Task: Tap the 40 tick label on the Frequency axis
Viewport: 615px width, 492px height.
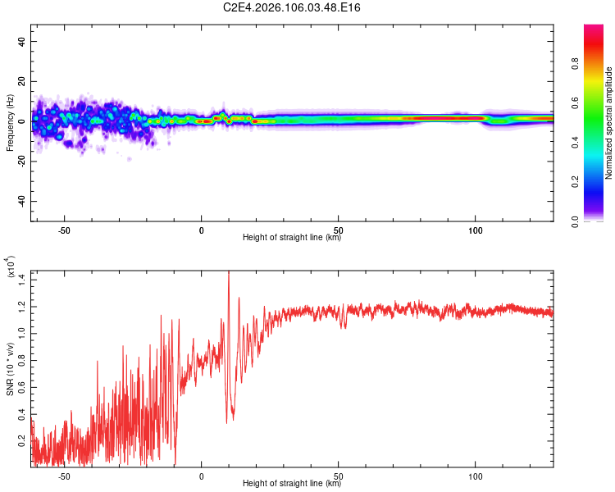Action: point(22,41)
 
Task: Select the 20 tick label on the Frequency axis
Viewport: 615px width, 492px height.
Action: point(22,81)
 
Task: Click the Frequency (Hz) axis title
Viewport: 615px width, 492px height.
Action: point(10,122)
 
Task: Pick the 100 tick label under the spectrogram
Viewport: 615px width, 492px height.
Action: point(476,230)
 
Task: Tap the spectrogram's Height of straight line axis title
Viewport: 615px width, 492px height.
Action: point(292,238)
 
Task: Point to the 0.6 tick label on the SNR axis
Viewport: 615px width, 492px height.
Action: point(22,385)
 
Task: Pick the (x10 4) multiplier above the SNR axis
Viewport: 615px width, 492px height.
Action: point(11,267)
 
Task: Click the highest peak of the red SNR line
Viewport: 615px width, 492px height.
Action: point(228,271)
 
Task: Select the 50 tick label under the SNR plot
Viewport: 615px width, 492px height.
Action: point(339,476)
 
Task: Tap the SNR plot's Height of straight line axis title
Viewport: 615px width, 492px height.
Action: point(292,484)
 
